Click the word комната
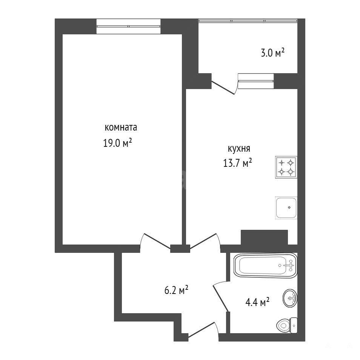(121, 128)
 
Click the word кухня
(239, 149)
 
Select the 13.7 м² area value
(237, 163)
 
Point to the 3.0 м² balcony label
(273, 53)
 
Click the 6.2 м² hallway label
(176, 290)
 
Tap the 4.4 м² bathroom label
(257, 302)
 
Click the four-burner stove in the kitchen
(286, 167)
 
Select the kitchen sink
(286, 208)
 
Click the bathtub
(265, 265)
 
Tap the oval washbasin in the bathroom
(290, 298)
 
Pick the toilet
(287, 325)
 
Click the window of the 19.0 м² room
(128, 26)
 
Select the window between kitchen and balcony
(256, 81)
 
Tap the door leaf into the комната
(157, 241)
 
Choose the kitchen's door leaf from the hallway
(203, 241)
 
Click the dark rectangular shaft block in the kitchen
(264, 237)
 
